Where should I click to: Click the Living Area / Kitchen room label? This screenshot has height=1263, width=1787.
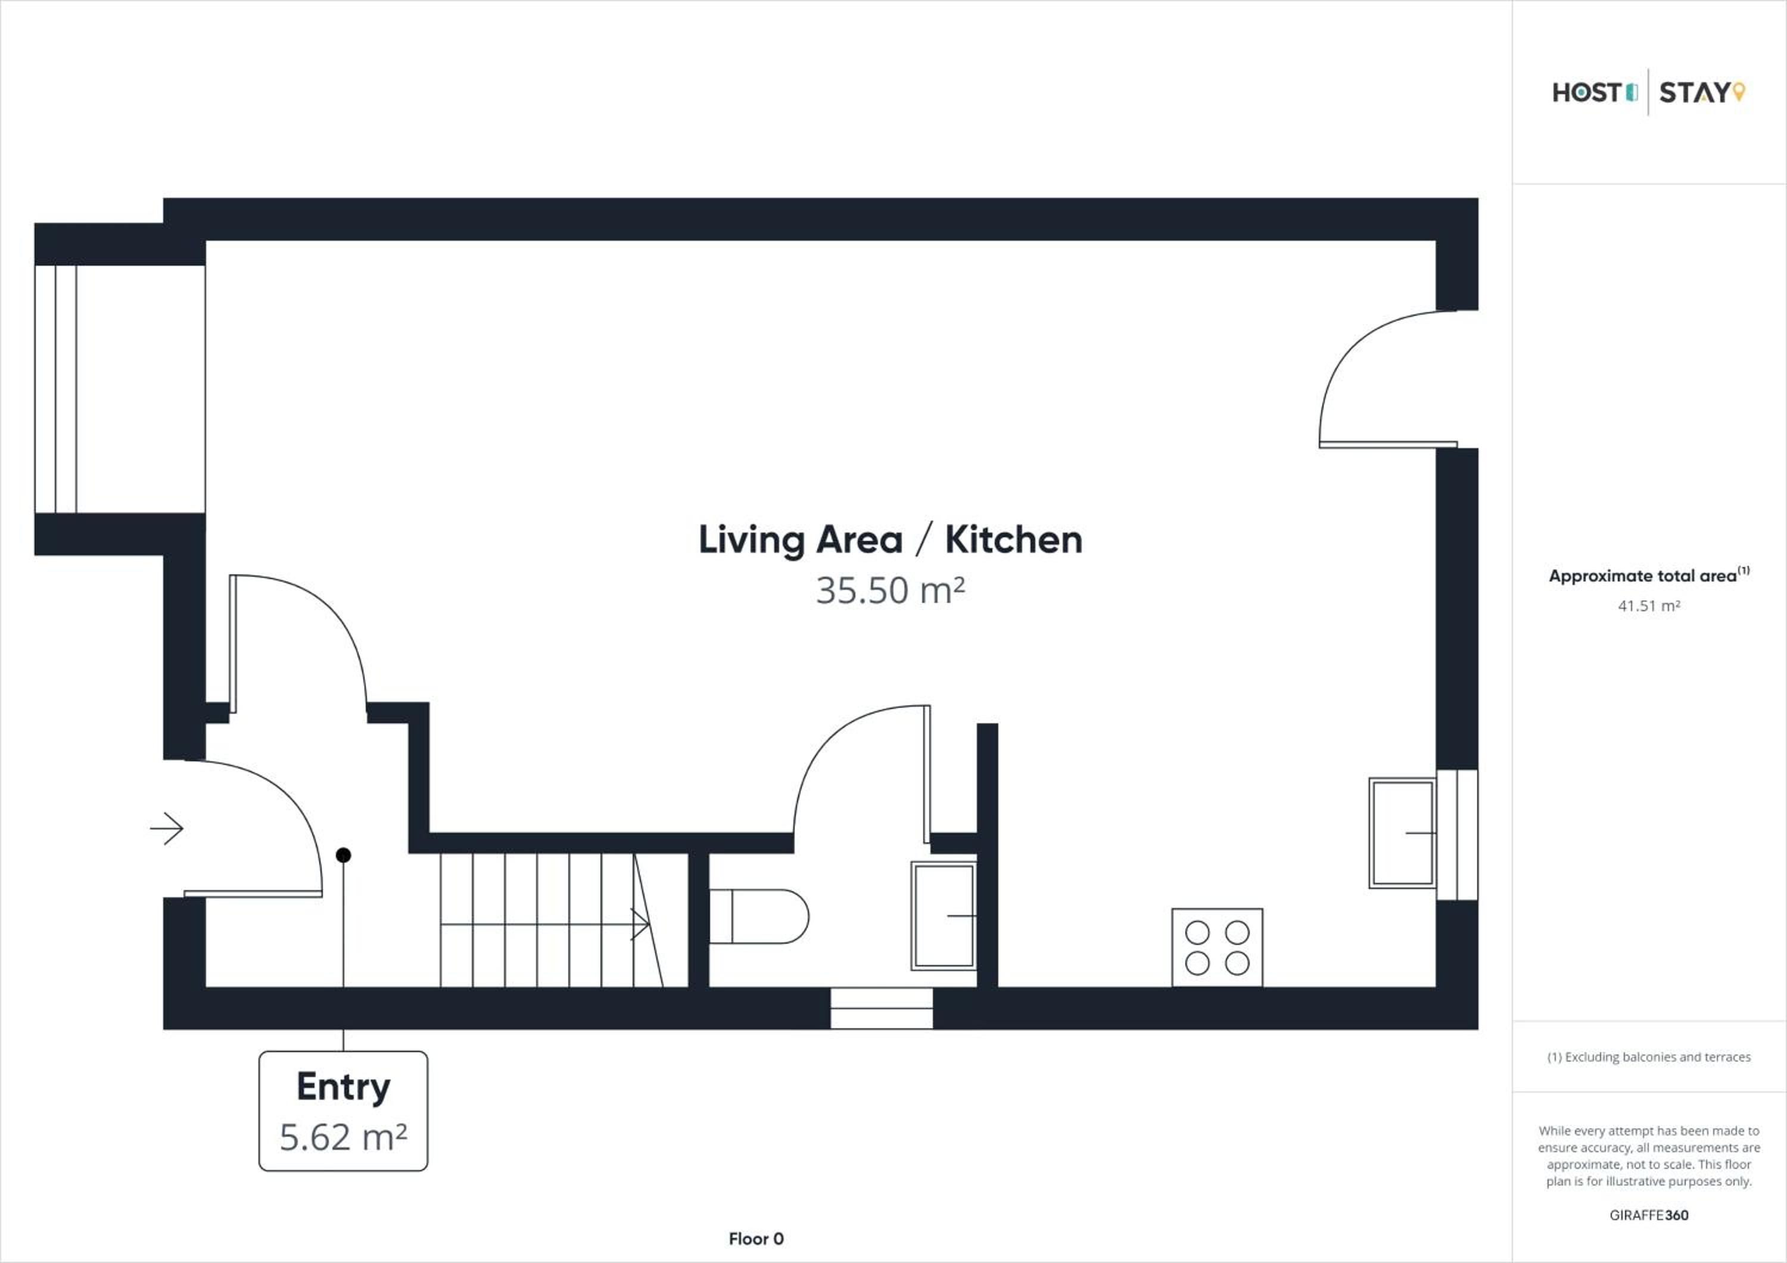pyautogui.click(x=891, y=540)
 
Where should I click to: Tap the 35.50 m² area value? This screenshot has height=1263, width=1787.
pyautogui.click(x=891, y=590)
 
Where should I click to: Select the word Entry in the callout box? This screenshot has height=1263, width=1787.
pyautogui.click(x=343, y=1087)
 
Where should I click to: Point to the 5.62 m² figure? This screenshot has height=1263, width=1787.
pyautogui.click(x=343, y=1137)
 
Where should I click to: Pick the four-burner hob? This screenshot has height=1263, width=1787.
pyautogui.click(x=1218, y=947)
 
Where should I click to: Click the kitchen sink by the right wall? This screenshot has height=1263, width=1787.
pyautogui.click(x=1403, y=833)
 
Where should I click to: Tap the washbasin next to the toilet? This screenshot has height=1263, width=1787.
pyautogui.click(x=944, y=915)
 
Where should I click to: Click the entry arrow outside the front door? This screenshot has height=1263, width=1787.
pyautogui.click(x=167, y=828)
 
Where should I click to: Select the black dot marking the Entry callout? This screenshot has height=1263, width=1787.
pyautogui.click(x=343, y=856)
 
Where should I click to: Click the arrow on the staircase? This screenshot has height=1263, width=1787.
pyautogui.click(x=545, y=925)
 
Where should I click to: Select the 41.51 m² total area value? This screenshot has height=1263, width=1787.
pyautogui.click(x=1648, y=605)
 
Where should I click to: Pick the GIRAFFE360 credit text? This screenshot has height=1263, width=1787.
pyautogui.click(x=1648, y=1215)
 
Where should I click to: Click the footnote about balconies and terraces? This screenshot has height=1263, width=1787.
pyautogui.click(x=1648, y=1057)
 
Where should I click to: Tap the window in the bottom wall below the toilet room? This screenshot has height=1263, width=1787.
pyautogui.click(x=881, y=1009)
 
